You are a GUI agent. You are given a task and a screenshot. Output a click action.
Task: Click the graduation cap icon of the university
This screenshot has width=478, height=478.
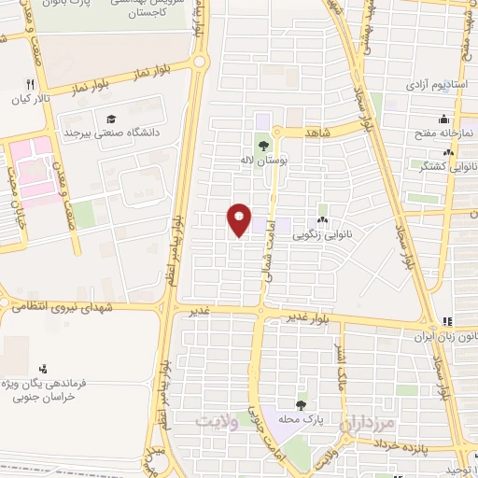111,119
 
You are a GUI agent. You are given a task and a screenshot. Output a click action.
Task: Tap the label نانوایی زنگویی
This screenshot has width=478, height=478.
323,224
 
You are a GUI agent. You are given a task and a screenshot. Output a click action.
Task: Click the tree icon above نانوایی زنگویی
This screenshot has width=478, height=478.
323,209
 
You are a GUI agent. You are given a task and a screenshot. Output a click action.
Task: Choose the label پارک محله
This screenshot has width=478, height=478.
300,419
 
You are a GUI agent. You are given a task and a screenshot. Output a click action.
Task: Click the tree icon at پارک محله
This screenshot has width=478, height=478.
300,404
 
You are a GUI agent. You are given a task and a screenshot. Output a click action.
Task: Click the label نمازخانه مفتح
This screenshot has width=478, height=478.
446,134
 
